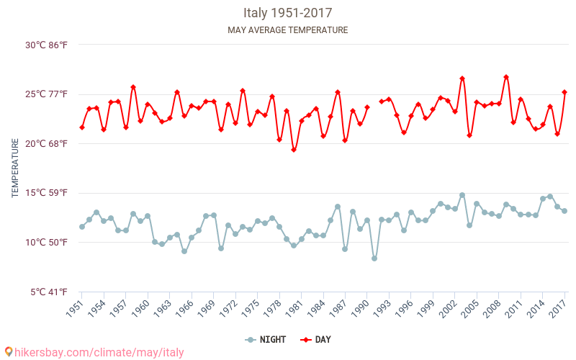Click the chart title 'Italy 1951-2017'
point(287,13)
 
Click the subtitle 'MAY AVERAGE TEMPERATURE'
point(287,30)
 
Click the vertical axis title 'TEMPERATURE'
point(15,168)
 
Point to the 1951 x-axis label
point(73,309)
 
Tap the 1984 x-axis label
point(315,309)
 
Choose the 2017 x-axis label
point(557,309)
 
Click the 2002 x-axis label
point(446,309)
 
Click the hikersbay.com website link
point(94,352)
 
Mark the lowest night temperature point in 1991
point(374,258)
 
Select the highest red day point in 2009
point(506,77)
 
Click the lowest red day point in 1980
point(294,150)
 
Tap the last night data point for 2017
point(564,211)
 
